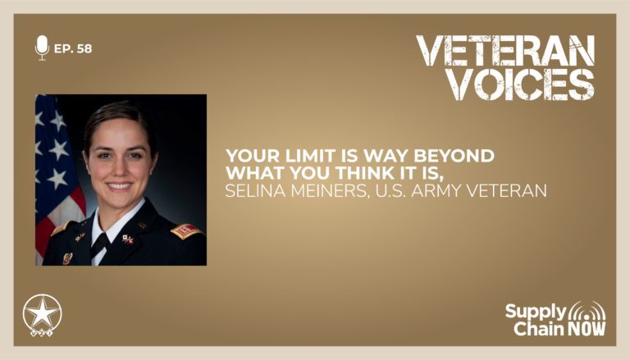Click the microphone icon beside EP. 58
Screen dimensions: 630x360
(42, 48)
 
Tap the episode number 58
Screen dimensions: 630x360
(84, 48)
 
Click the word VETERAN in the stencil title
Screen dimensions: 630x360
(505, 51)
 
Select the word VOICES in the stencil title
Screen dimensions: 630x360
(521, 84)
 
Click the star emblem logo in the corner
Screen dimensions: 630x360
(42, 316)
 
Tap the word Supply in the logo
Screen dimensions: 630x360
(536, 312)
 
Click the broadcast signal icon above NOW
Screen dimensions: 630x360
(587, 310)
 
